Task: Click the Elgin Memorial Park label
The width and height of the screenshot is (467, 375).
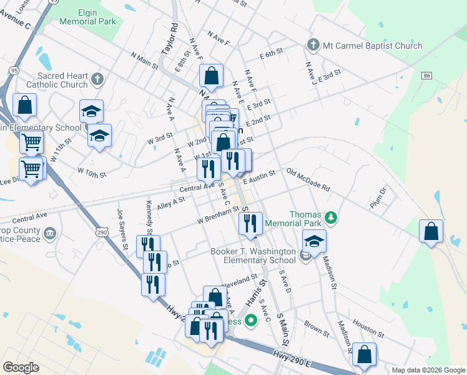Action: click(88, 17)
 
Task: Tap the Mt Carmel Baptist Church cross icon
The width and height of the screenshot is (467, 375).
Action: click(312, 45)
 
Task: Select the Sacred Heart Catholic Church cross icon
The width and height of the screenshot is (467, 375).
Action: click(96, 79)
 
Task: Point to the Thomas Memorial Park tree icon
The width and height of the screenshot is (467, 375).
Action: click(330, 218)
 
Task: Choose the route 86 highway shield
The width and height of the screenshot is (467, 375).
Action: click(427, 76)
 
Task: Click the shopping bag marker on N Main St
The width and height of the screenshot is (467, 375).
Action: click(212, 76)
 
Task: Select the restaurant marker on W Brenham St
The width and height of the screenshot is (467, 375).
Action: click(250, 222)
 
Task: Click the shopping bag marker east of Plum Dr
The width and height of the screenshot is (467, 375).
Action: click(431, 231)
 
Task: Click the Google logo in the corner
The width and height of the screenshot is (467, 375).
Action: click(21, 367)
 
